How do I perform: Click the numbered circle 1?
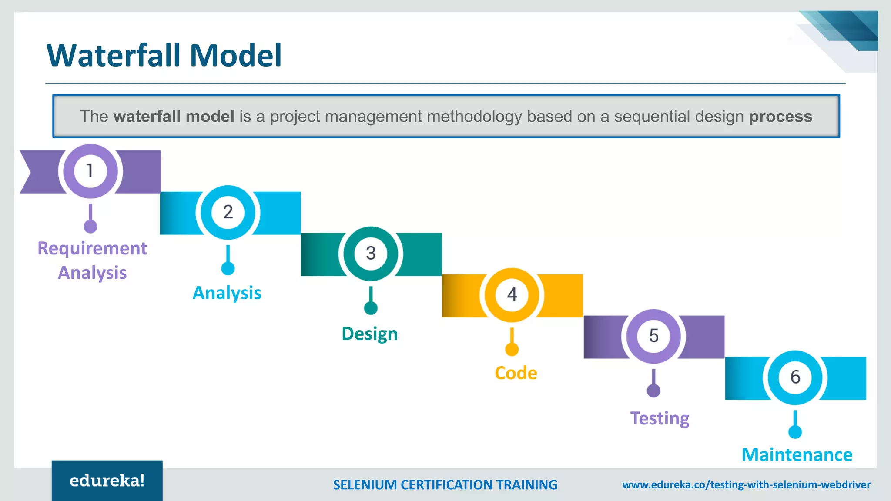point(90,171)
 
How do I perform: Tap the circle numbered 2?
point(228,212)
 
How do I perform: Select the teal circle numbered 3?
point(371,253)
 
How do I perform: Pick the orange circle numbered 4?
point(512,295)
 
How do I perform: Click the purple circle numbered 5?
point(653,336)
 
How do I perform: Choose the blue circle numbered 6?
point(795,377)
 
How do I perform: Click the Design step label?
point(370,334)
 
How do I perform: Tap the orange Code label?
point(516,373)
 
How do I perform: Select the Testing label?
point(660,418)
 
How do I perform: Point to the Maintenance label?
point(797,455)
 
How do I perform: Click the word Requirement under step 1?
point(92,249)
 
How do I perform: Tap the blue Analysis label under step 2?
point(227,293)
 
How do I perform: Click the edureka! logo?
point(107,481)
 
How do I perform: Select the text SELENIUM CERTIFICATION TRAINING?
point(445,485)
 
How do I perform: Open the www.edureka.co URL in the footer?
point(746,485)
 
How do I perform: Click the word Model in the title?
point(236,56)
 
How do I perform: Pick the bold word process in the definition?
point(780,117)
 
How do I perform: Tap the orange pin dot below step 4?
point(512,349)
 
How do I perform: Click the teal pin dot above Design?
point(371,308)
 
